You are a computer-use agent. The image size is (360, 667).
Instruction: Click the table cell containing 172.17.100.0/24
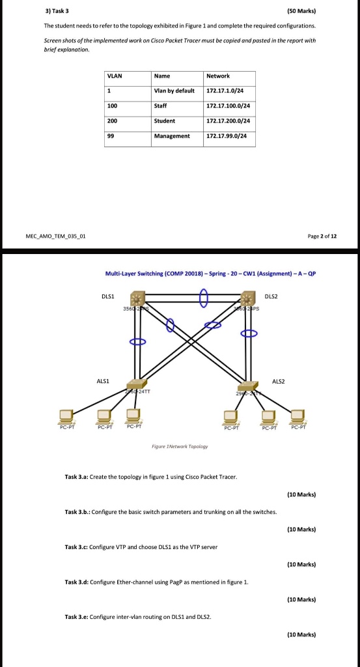pyautogui.click(x=228, y=106)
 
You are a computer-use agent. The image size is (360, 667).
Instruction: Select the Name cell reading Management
pyautogui.click(x=172, y=136)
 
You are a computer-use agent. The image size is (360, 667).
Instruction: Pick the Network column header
pyautogui.click(x=217, y=76)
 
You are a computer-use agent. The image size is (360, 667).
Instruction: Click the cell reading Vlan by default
pyautogui.click(x=174, y=91)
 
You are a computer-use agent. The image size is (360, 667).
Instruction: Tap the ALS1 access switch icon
pyautogui.click(x=137, y=384)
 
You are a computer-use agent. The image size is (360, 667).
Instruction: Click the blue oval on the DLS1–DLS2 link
pyautogui.click(x=204, y=298)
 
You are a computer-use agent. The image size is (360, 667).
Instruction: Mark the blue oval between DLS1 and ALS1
pyautogui.click(x=137, y=341)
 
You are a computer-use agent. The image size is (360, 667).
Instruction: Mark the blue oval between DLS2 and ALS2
pyautogui.click(x=250, y=333)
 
